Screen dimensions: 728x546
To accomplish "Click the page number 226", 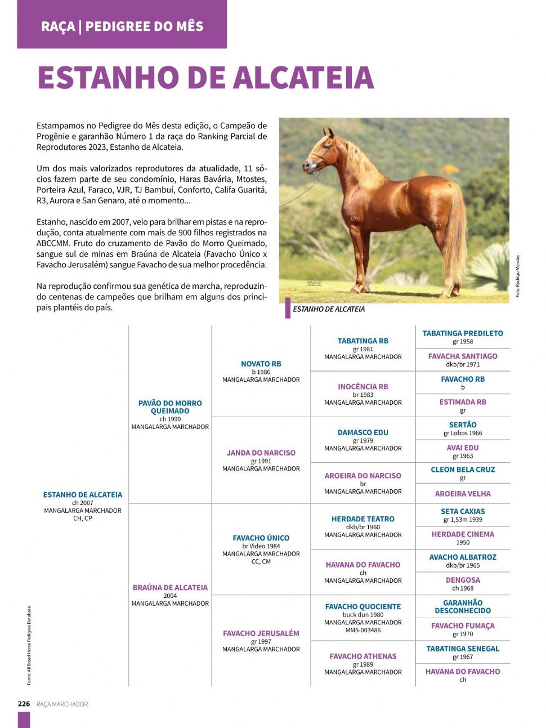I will coord(24,704).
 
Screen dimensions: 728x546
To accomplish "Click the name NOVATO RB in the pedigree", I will coord(261,364).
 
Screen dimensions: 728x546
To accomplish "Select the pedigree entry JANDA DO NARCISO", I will coord(261,453).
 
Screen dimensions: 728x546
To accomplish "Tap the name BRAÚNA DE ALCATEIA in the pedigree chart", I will coord(170,587).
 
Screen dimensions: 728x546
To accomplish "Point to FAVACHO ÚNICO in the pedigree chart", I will coord(261,538).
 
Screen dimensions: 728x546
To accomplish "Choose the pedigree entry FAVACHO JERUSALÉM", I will coord(261,633).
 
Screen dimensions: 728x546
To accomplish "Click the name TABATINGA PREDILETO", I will coord(463,333).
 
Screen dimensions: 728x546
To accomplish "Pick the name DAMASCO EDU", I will coord(362,432).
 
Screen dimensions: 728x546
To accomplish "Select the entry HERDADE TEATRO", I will coord(362,519).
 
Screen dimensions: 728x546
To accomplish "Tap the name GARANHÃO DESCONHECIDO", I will coord(463,606).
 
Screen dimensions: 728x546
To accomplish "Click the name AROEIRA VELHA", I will coord(463,494).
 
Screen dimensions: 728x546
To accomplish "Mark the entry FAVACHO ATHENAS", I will coord(362,656).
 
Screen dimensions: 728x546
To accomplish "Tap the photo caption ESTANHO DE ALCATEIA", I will coord(329,309).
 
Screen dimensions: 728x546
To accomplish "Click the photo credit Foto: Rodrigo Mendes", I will coord(518,276).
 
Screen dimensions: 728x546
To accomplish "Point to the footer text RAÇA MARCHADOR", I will coord(62,704).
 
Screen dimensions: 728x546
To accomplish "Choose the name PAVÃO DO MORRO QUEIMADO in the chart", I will coord(170,407).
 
